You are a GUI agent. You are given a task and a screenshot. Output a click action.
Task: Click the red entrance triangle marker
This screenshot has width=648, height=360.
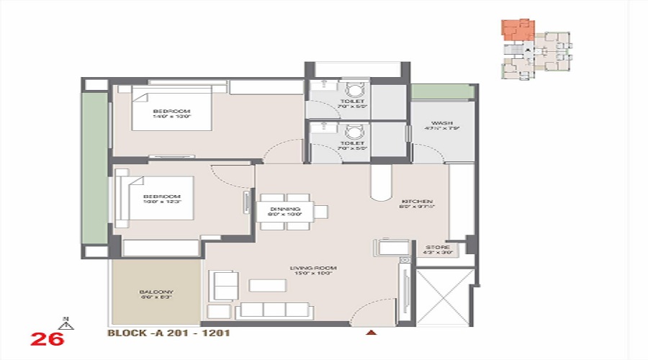(x=372, y=333)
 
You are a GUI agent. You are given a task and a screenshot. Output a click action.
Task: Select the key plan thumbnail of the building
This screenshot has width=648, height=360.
(x=536, y=48)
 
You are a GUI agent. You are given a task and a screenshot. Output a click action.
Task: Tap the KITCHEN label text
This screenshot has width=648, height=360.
(x=417, y=201)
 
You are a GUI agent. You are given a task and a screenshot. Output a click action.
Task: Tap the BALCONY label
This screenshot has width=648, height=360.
(x=156, y=292)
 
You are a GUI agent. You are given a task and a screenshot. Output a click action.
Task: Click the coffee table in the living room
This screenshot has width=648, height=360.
(x=267, y=285)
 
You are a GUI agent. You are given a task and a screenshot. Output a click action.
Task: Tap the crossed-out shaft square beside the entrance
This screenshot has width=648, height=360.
(x=446, y=297)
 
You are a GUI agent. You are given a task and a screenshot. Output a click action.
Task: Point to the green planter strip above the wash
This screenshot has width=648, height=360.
(x=442, y=92)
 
